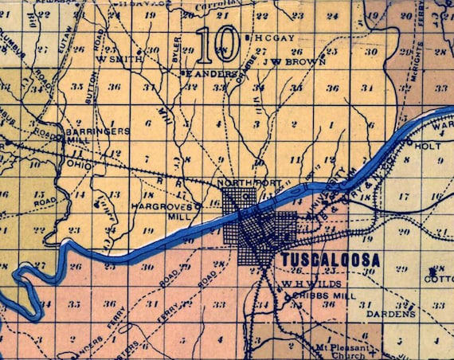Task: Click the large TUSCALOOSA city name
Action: pyautogui.click(x=329, y=260)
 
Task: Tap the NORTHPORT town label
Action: pyautogui.click(x=249, y=182)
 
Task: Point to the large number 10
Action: pyautogui.click(x=213, y=45)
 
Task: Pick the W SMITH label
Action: pyautogui.click(x=113, y=58)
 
